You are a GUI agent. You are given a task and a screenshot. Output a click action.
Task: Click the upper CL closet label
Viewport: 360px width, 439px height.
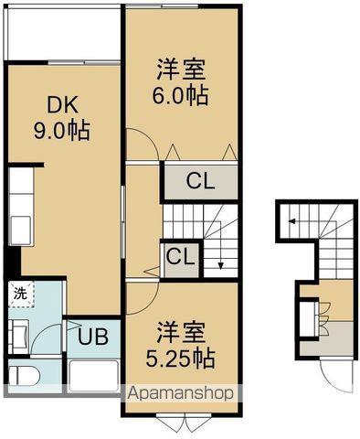point(201,180)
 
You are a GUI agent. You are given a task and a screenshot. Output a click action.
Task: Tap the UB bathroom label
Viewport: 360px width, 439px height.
point(93,336)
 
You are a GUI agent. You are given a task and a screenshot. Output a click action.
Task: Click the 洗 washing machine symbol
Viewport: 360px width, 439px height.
point(18,294)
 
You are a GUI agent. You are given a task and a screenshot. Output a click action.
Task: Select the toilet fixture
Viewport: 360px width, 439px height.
point(26,376)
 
